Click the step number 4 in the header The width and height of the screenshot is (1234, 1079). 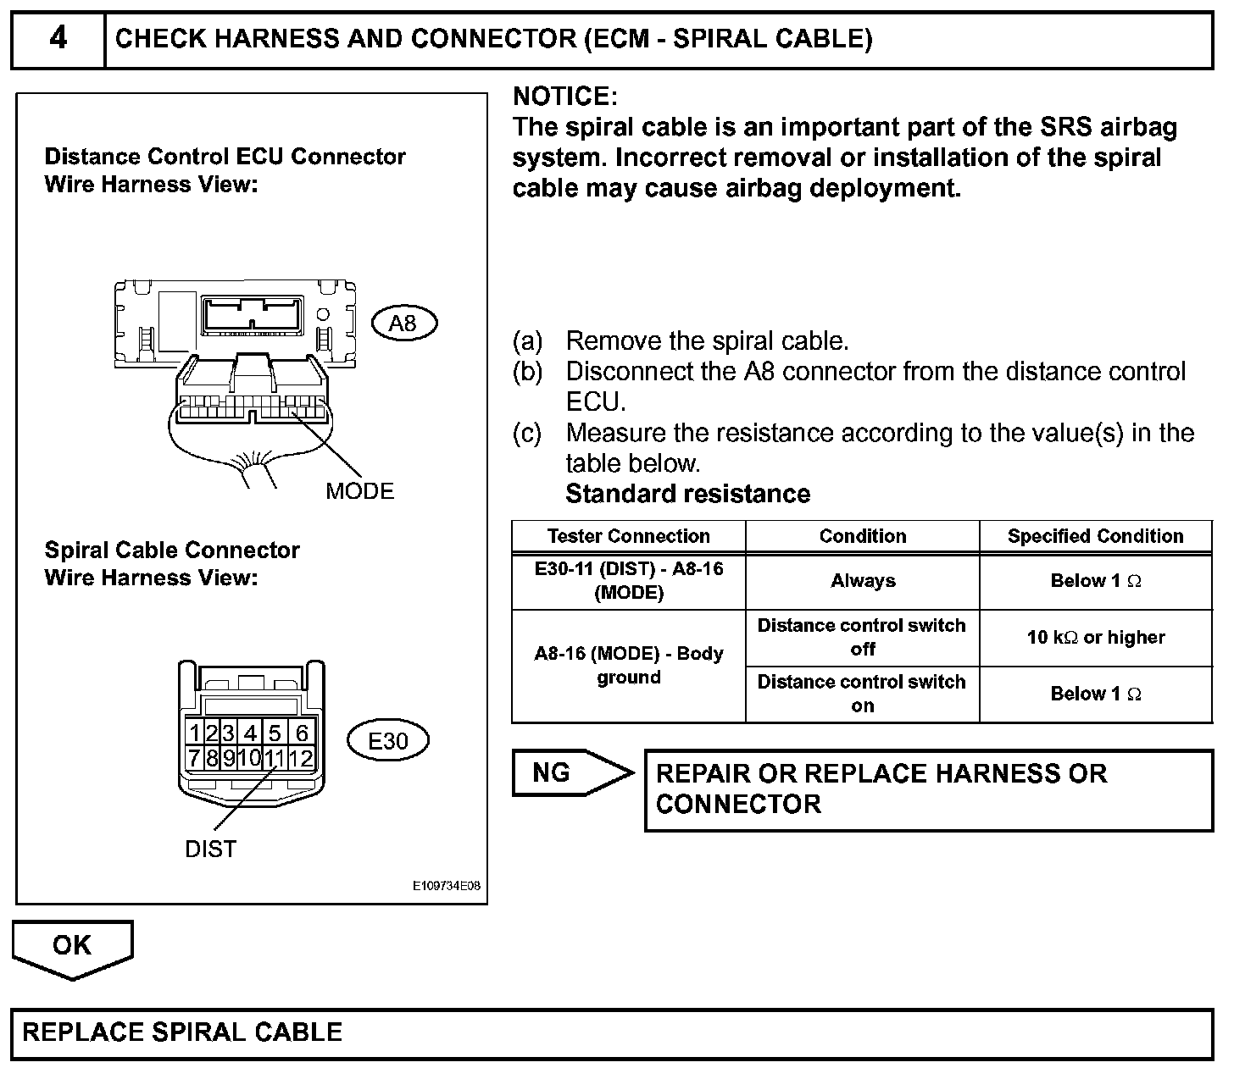58,39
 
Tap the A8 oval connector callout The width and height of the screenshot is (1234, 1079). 404,323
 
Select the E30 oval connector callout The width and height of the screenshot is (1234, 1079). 388,741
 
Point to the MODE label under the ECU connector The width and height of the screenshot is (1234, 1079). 359,491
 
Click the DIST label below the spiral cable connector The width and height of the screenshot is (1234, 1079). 210,849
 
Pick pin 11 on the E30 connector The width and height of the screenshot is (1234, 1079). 274,758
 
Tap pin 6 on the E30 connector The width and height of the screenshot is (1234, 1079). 302,733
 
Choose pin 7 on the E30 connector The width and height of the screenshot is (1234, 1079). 194,758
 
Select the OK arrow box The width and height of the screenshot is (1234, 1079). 72,947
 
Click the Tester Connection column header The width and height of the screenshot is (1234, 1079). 628,536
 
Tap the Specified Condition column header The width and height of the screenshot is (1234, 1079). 1095,536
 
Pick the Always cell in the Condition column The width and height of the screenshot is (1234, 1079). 863,581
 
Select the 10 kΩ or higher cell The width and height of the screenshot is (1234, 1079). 1095,638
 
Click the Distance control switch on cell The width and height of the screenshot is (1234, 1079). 862,694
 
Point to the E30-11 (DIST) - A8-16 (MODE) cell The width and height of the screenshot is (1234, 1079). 628,581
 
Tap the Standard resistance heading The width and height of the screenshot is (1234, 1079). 687,494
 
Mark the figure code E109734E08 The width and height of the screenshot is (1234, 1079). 447,886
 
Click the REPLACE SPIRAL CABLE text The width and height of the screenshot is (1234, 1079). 182,1032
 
